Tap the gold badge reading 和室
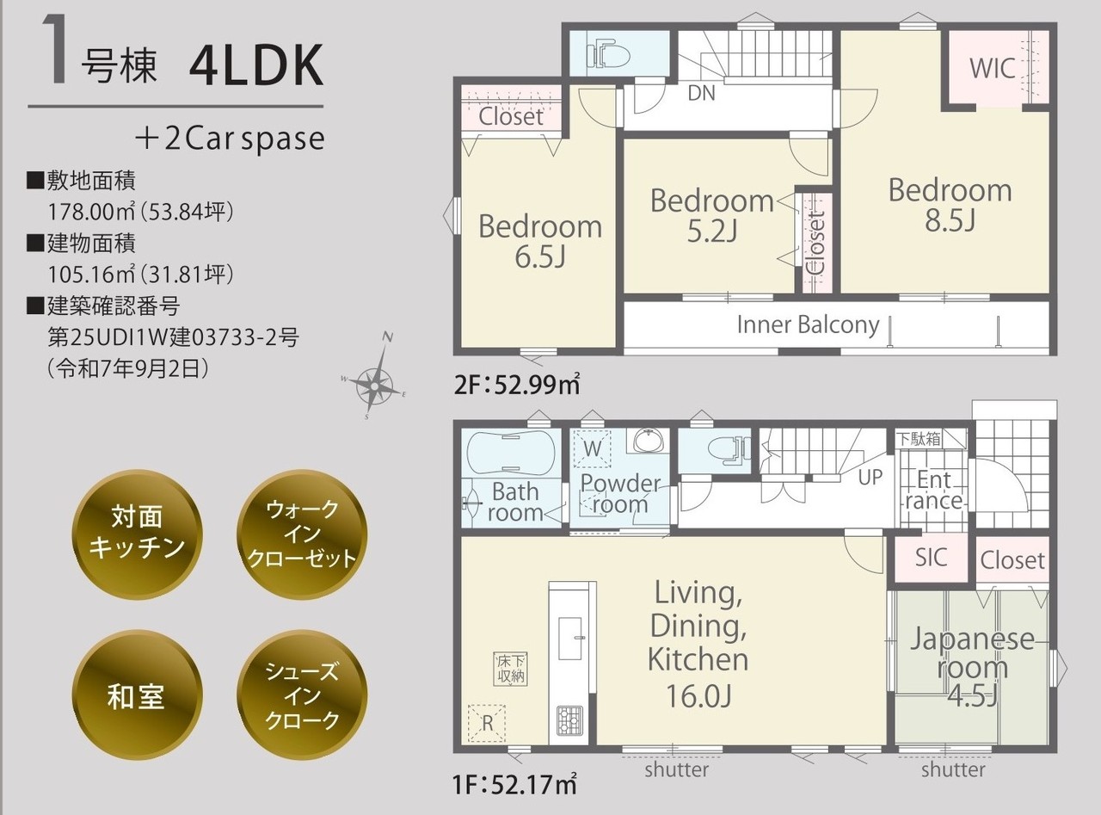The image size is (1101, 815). click(137, 695)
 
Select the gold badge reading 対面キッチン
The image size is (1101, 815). click(137, 534)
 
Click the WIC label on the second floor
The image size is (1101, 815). click(993, 69)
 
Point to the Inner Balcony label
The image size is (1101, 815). click(808, 324)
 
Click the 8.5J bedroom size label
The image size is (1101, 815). click(950, 220)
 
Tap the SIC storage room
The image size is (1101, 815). click(932, 558)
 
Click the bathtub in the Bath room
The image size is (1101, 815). click(511, 453)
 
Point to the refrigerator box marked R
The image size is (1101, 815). click(487, 723)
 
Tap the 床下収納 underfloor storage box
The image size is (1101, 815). click(511, 670)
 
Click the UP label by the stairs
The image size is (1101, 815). click(870, 478)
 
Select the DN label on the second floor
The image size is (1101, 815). click(701, 93)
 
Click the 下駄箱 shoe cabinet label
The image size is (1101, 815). click(919, 439)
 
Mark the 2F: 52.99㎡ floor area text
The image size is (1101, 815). click(517, 385)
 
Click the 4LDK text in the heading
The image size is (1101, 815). click(256, 66)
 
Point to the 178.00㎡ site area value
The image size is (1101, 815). click(91, 212)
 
